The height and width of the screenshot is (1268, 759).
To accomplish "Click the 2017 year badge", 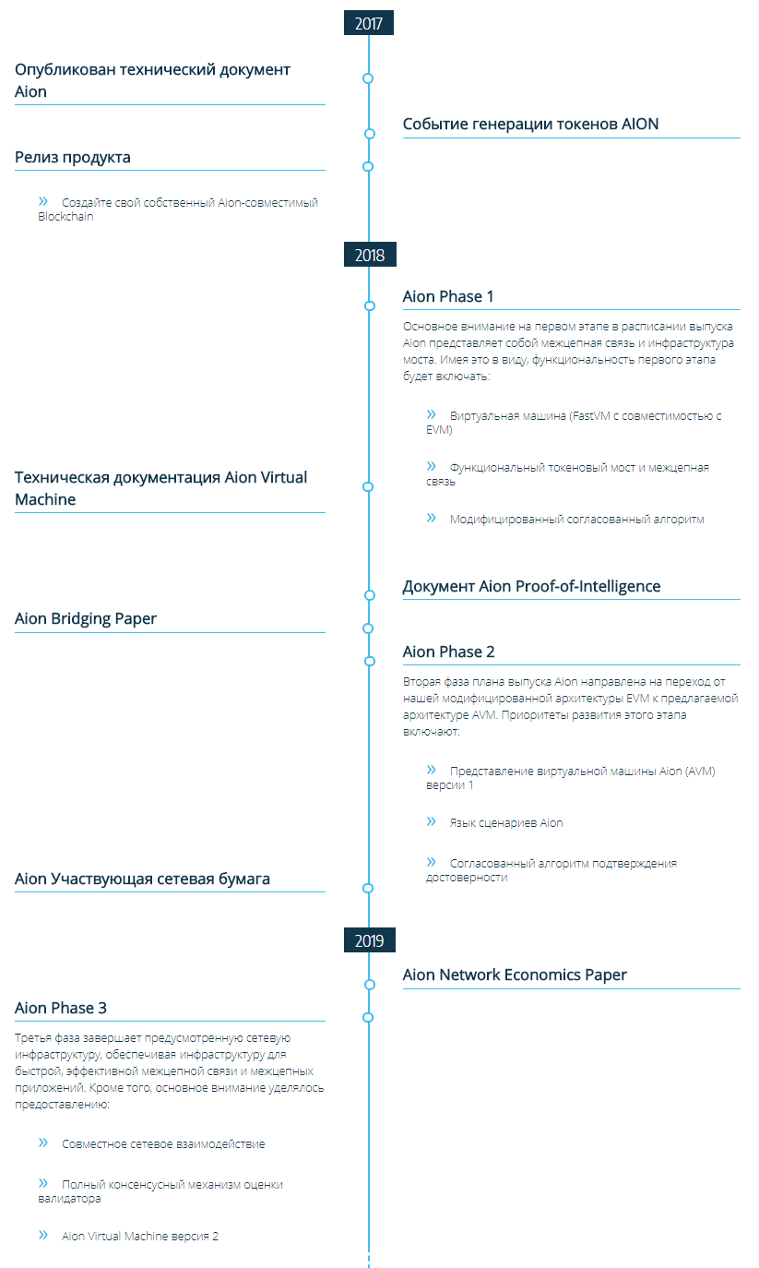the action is coord(369,23).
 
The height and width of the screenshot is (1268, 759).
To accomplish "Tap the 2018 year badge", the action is coord(370,254).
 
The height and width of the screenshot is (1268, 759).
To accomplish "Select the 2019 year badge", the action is coord(369,939).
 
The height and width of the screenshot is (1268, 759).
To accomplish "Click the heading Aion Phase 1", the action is coord(448,296).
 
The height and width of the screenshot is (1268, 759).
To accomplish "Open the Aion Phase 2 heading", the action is coord(448,652).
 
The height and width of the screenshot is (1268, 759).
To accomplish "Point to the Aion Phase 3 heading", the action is coord(61,1008).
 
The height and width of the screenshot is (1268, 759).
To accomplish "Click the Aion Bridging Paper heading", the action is coord(86,618).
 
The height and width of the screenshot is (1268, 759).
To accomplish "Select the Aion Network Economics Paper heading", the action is coord(515,975).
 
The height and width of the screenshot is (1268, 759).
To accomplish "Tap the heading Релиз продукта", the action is coord(72,158).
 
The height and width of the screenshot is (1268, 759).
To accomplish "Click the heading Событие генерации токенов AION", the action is coord(530,124).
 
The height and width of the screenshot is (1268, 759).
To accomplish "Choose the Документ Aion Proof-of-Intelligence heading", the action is coord(531,586).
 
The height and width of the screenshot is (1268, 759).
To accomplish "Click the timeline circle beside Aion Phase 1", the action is coord(370,306).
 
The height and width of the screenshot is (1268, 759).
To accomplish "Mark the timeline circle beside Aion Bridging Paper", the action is coord(368,628).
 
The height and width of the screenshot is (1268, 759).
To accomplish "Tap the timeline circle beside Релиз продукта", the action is coord(368,166).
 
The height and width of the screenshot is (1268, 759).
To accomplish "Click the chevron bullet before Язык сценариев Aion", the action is coord(431,821).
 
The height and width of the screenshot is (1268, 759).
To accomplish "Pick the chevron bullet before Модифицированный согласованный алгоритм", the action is coord(431,518).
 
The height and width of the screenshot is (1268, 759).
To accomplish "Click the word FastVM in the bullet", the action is coord(591,416).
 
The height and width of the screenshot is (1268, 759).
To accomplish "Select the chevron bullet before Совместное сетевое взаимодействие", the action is coord(43,1142).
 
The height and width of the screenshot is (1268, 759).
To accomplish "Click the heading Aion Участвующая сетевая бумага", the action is coord(142,879).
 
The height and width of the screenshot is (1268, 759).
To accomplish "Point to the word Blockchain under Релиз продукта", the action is coord(65,217).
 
